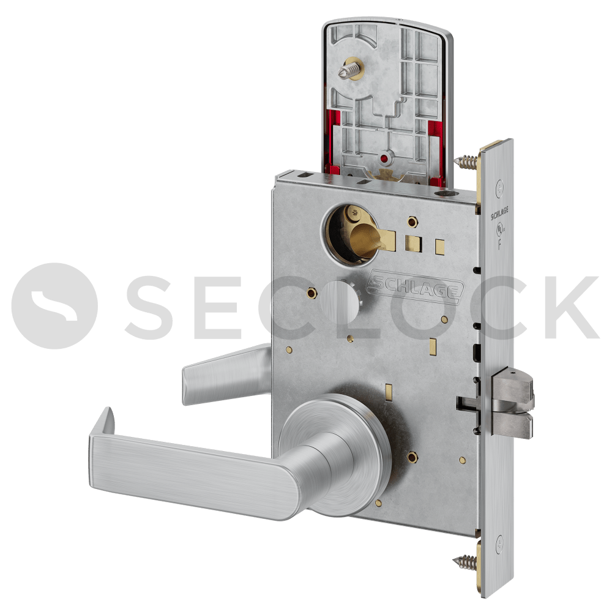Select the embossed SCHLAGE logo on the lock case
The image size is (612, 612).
coord(416,287)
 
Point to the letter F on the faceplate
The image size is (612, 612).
coord(500,244)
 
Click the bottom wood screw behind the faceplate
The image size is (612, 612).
coord(465,562)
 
